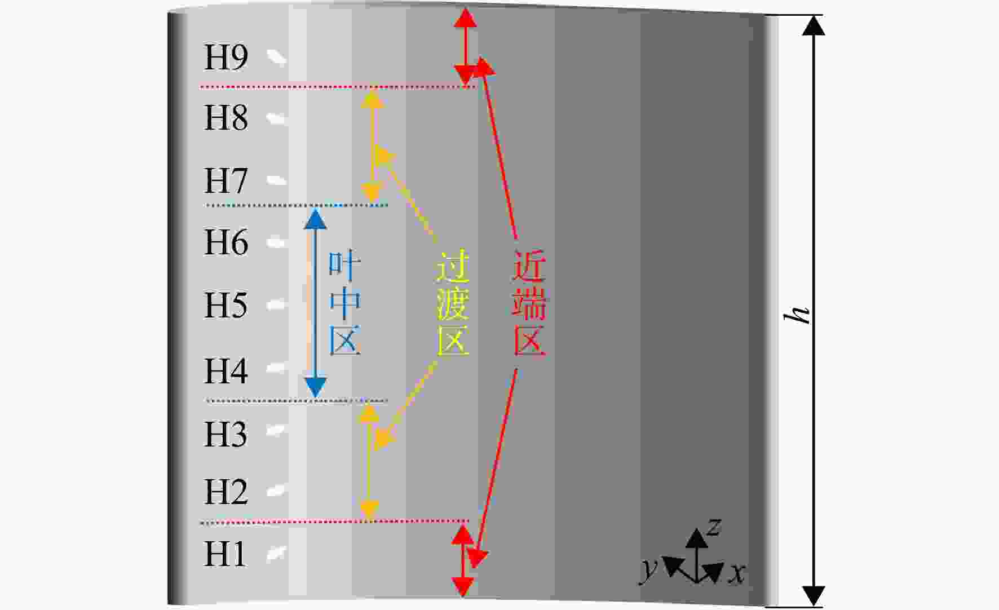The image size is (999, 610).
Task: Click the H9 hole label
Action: [x=226, y=58]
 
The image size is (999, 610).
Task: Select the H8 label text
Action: [x=226, y=118]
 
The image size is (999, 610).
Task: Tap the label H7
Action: [x=226, y=180]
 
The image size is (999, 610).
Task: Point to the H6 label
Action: [x=226, y=242]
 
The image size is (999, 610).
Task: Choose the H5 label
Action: [x=226, y=305]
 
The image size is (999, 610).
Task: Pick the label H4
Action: [x=226, y=371]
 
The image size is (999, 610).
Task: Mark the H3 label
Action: [x=226, y=434]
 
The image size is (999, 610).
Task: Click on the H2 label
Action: [x=226, y=492]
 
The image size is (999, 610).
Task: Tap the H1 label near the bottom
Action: [x=225, y=554]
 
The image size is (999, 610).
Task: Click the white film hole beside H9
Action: [x=276, y=57]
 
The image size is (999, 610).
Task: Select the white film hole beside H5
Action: [x=276, y=305]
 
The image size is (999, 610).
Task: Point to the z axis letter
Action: [x=714, y=527]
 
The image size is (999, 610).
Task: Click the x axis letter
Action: [x=737, y=573]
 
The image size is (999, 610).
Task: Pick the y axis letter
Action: [x=649, y=570]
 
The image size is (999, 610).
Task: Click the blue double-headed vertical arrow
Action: [x=316, y=303]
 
